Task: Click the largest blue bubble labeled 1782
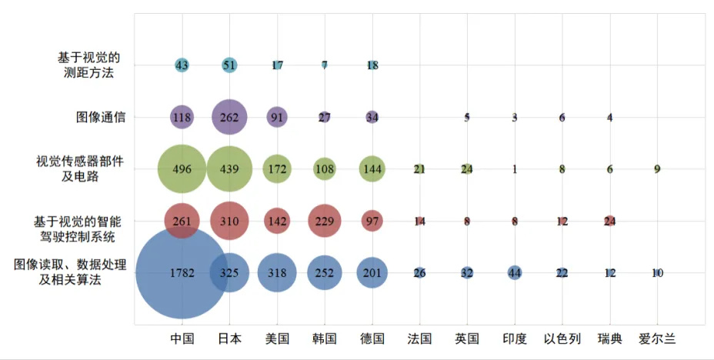tap(182, 273)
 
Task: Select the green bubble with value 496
tap(182, 169)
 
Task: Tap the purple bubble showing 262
tap(229, 118)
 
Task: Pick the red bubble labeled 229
tap(325, 222)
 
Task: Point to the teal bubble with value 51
tap(229, 65)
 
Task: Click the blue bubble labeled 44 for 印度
tap(515, 273)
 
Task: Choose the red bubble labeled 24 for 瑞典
tap(610, 222)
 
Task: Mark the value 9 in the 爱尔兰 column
tap(657, 169)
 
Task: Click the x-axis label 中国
tap(182, 339)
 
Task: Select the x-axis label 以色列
tap(562, 339)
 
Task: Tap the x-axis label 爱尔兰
tap(657, 339)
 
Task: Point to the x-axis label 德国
tap(372, 339)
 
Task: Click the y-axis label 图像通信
tap(101, 118)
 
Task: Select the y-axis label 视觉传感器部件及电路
tap(80, 169)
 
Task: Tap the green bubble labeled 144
tap(372, 169)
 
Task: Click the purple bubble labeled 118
tap(182, 118)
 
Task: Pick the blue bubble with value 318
tap(277, 273)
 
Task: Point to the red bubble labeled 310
tap(229, 222)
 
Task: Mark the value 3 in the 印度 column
tap(515, 118)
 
